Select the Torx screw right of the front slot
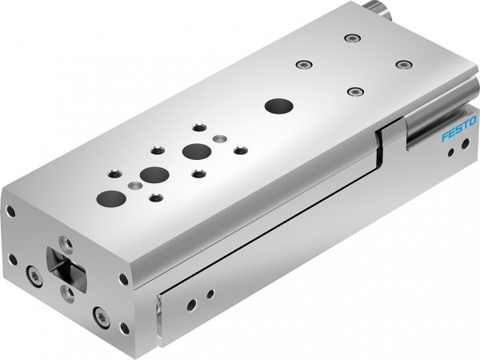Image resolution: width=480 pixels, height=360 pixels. (99, 312)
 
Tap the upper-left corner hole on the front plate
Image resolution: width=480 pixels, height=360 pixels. (10, 211)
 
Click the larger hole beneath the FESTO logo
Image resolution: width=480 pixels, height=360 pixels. (453, 158)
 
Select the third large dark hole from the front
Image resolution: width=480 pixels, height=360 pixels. (193, 150)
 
